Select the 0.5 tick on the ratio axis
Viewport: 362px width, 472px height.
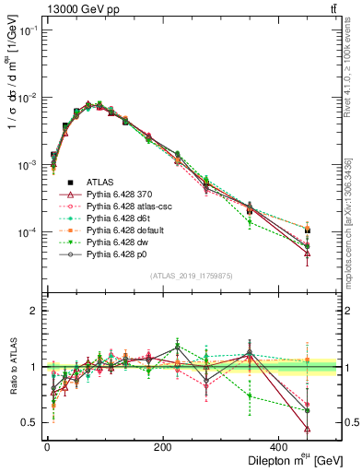click(28, 422)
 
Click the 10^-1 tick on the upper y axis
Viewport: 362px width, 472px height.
click(26, 30)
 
